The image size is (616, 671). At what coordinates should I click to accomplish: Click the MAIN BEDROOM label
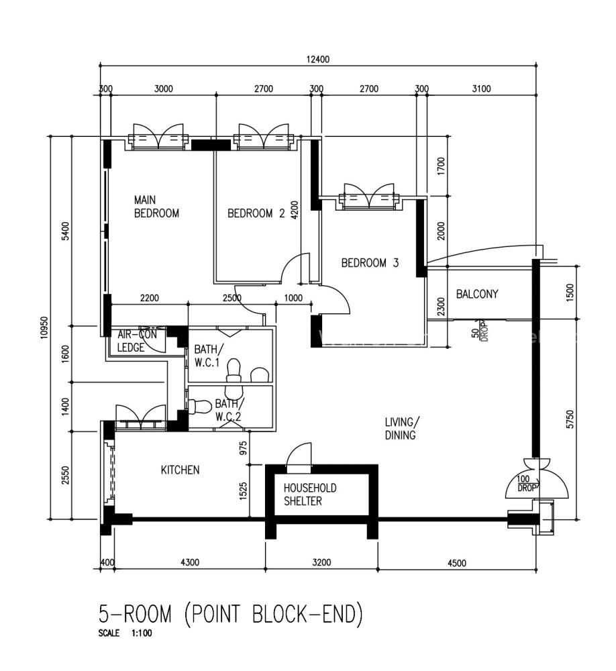(156, 206)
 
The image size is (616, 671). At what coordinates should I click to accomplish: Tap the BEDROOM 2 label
(256, 213)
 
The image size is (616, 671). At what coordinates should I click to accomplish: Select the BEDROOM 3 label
(370, 263)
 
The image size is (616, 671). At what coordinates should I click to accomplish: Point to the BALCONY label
(477, 294)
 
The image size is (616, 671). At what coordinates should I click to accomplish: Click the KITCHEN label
(181, 470)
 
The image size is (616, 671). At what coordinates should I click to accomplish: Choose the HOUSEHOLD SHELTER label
(310, 495)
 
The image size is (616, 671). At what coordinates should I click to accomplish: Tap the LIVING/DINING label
(402, 428)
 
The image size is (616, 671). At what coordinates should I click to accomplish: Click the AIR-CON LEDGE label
(137, 341)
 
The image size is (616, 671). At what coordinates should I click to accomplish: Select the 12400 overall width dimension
(317, 60)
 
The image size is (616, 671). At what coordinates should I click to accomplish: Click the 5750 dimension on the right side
(569, 419)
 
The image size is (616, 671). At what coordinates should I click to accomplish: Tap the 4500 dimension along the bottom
(457, 563)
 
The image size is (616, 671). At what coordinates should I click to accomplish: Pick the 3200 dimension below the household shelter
(321, 562)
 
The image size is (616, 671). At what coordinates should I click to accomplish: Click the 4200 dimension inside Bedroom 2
(295, 210)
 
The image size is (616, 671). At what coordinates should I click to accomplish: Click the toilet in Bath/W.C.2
(200, 407)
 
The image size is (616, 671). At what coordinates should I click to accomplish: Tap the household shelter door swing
(299, 454)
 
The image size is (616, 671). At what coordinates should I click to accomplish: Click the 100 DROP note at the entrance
(525, 484)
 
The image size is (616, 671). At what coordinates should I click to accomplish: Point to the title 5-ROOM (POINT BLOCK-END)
(231, 614)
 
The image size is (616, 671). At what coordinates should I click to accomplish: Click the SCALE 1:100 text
(125, 633)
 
